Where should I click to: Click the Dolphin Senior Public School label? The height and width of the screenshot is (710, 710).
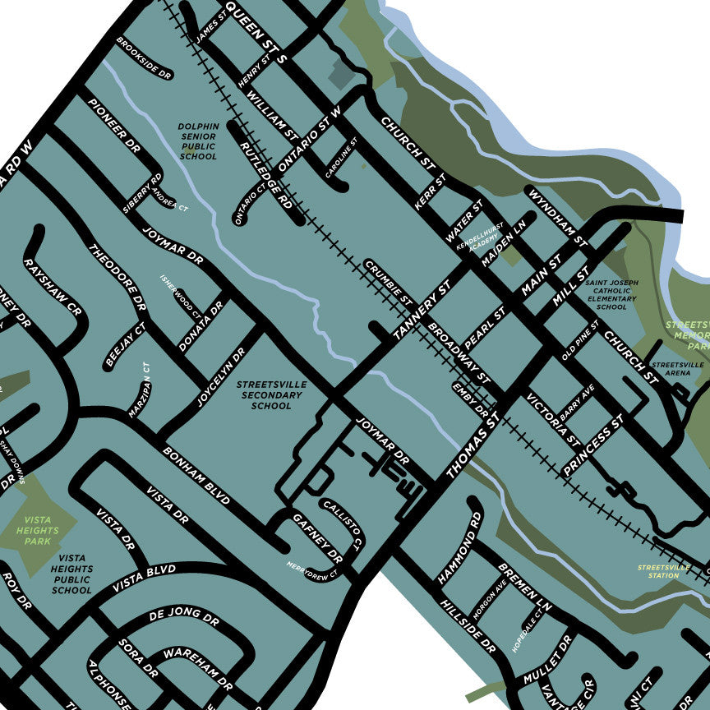click(198, 141)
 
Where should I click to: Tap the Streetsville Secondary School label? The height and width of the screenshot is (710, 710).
click(271, 394)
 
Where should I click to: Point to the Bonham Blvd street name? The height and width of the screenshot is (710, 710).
click(196, 476)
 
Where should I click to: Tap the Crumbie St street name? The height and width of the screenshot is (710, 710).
click(388, 281)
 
